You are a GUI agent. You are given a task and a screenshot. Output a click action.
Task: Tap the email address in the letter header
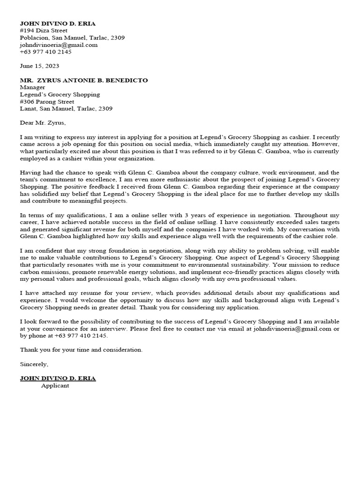[x=59, y=45]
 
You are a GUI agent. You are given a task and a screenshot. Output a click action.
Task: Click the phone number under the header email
[x=45, y=52]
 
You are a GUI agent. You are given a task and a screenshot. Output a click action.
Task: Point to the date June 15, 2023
[x=39, y=66]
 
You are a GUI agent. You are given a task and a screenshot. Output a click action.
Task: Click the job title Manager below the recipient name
[x=32, y=87]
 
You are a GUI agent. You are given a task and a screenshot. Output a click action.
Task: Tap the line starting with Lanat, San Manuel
[x=66, y=108]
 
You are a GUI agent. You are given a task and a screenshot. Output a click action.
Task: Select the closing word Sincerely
[x=34, y=364]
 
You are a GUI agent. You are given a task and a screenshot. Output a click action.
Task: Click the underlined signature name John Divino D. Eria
[x=58, y=378]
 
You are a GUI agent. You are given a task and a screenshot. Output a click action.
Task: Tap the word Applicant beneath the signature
[x=55, y=385]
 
